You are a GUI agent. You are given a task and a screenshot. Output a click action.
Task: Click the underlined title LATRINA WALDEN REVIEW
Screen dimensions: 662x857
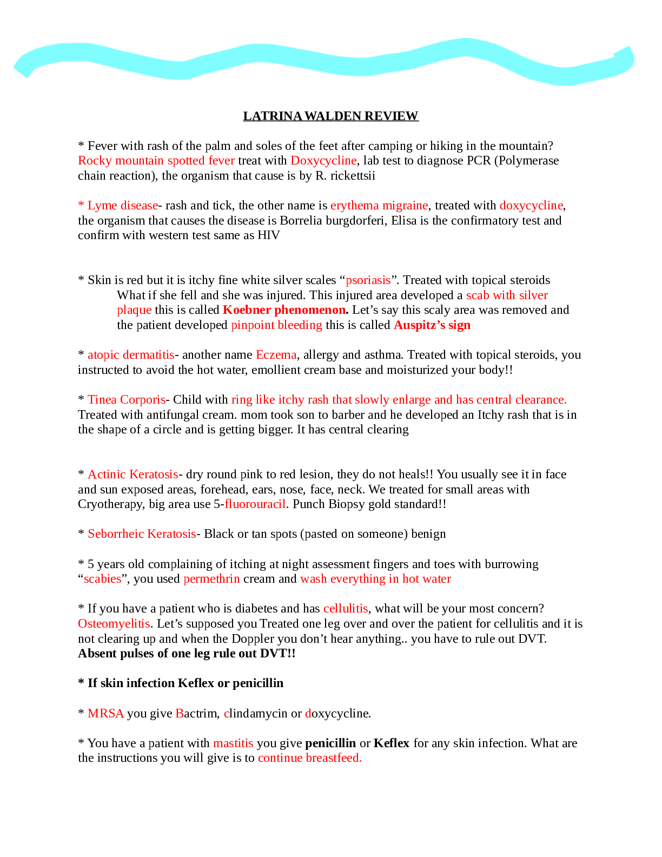pos(331,116)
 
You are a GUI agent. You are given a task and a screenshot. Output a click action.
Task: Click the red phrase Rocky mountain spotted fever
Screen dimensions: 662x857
pos(156,161)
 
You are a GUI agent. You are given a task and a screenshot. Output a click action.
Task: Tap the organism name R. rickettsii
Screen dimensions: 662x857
pos(345,175)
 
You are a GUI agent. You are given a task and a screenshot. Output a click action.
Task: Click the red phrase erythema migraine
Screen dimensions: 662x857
pos(379,206)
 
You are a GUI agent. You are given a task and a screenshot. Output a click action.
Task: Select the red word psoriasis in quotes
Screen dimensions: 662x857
pos(368,280)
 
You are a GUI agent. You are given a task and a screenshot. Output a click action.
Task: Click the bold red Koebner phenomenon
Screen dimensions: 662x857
pos(286,310)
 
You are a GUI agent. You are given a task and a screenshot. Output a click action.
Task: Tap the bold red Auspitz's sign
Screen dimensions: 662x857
pos(432,325)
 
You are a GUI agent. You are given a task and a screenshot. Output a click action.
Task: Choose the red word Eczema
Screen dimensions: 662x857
pos(276,355)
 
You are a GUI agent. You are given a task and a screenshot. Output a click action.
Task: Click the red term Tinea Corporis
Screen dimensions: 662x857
pos(127,400)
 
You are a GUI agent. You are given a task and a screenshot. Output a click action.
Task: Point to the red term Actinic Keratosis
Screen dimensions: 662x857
pos(133,474)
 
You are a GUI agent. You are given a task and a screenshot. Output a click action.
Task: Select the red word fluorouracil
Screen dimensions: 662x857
pos(255,504)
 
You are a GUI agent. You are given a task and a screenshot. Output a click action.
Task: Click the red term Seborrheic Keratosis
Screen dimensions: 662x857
pos(142,534)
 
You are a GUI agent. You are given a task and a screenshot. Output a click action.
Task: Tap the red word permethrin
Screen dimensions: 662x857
pos(211,579)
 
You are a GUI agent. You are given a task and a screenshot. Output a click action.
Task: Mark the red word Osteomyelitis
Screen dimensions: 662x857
pos(114,624)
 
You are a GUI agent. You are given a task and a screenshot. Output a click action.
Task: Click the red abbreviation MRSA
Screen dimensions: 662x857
pos(105,714)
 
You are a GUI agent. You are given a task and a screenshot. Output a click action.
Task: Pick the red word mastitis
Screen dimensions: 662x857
pos(233,743)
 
